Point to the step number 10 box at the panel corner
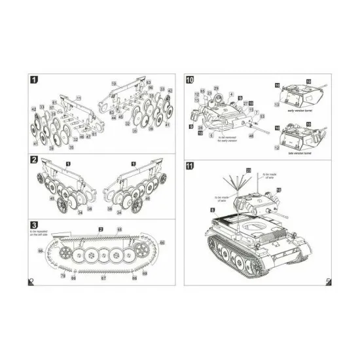pyautogui.click(x=190, y=80)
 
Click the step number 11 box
pyautogui.click(x=190, y=165)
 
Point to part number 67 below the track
pyautogui.click(x=102, y=278)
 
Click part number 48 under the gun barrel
pyautogui.click(x=251, y=136)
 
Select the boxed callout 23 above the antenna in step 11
pyautogui.click(x=248, y=170)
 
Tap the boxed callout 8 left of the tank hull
pyautogui.click(x=212, y=209)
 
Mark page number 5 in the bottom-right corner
pyautogui.click(x=327, y=282)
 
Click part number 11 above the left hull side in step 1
pyautogui.click(x=79, y=98)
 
